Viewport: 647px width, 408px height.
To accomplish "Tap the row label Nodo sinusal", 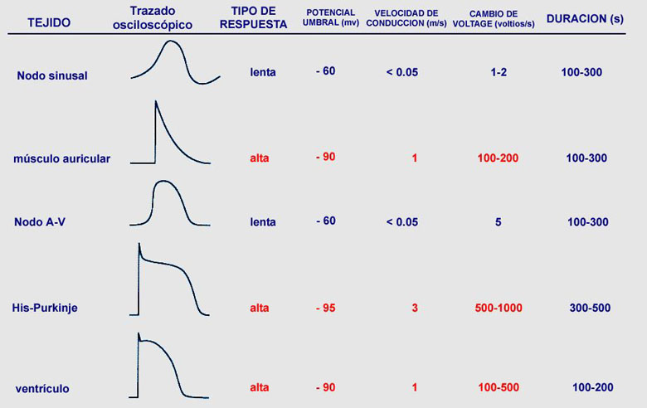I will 52,75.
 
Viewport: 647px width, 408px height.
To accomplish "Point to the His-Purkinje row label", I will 51,308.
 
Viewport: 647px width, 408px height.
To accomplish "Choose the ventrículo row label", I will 42,388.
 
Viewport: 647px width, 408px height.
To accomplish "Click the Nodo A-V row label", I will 41,222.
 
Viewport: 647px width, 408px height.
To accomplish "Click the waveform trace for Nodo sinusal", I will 175,65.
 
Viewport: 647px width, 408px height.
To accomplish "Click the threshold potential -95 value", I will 325,308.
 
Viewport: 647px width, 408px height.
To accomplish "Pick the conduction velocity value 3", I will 415,308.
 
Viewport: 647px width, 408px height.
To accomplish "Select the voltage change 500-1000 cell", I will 498,308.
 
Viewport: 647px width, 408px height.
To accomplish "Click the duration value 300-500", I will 590,308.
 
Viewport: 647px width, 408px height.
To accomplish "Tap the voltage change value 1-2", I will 499,72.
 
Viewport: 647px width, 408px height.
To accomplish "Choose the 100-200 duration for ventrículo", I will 592,387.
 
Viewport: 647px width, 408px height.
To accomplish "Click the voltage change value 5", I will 498,221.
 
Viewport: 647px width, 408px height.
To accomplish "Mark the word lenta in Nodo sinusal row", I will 263,72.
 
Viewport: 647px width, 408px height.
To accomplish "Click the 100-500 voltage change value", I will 499,387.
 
